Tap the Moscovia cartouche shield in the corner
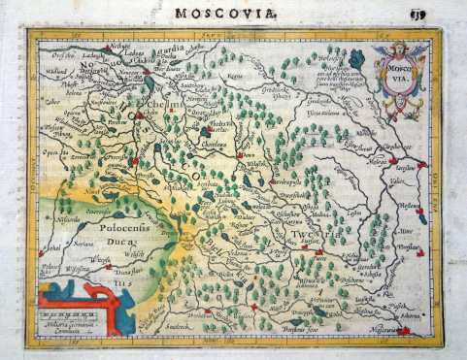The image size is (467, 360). click(395, 71)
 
